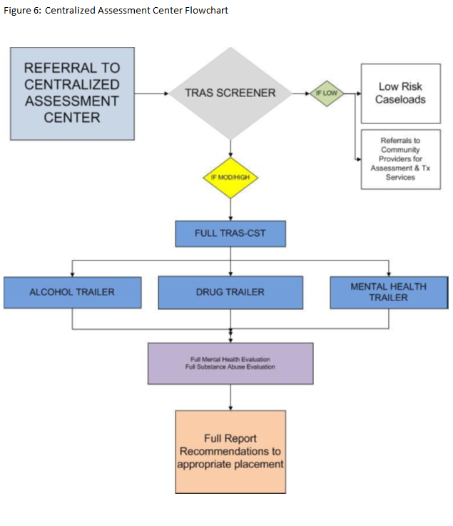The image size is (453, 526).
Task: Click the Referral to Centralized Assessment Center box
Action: (x=72, y=93)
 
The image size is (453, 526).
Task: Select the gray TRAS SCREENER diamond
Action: (x=230, y=93)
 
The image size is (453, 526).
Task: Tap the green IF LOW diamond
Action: (x=326, y=93)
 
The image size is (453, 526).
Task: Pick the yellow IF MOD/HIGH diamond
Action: (x=230, y=177)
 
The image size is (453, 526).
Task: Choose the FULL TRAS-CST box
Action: (x=230, y=233)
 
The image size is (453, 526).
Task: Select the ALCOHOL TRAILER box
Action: (x=71, y=292)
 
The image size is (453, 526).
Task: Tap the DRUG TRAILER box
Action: (x=230, y=292)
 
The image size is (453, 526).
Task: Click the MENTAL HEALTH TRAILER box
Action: (x=388, y=292)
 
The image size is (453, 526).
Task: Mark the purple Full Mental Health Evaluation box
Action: (x=230, y=363)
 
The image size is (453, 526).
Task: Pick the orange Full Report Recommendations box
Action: (x=230, y=451)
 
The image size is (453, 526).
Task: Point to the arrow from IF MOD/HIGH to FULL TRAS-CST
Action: (x=230, y=209)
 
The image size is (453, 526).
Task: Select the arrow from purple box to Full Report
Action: (x=230, y=398)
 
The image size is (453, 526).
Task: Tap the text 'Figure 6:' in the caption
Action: (x=22, y=11)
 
